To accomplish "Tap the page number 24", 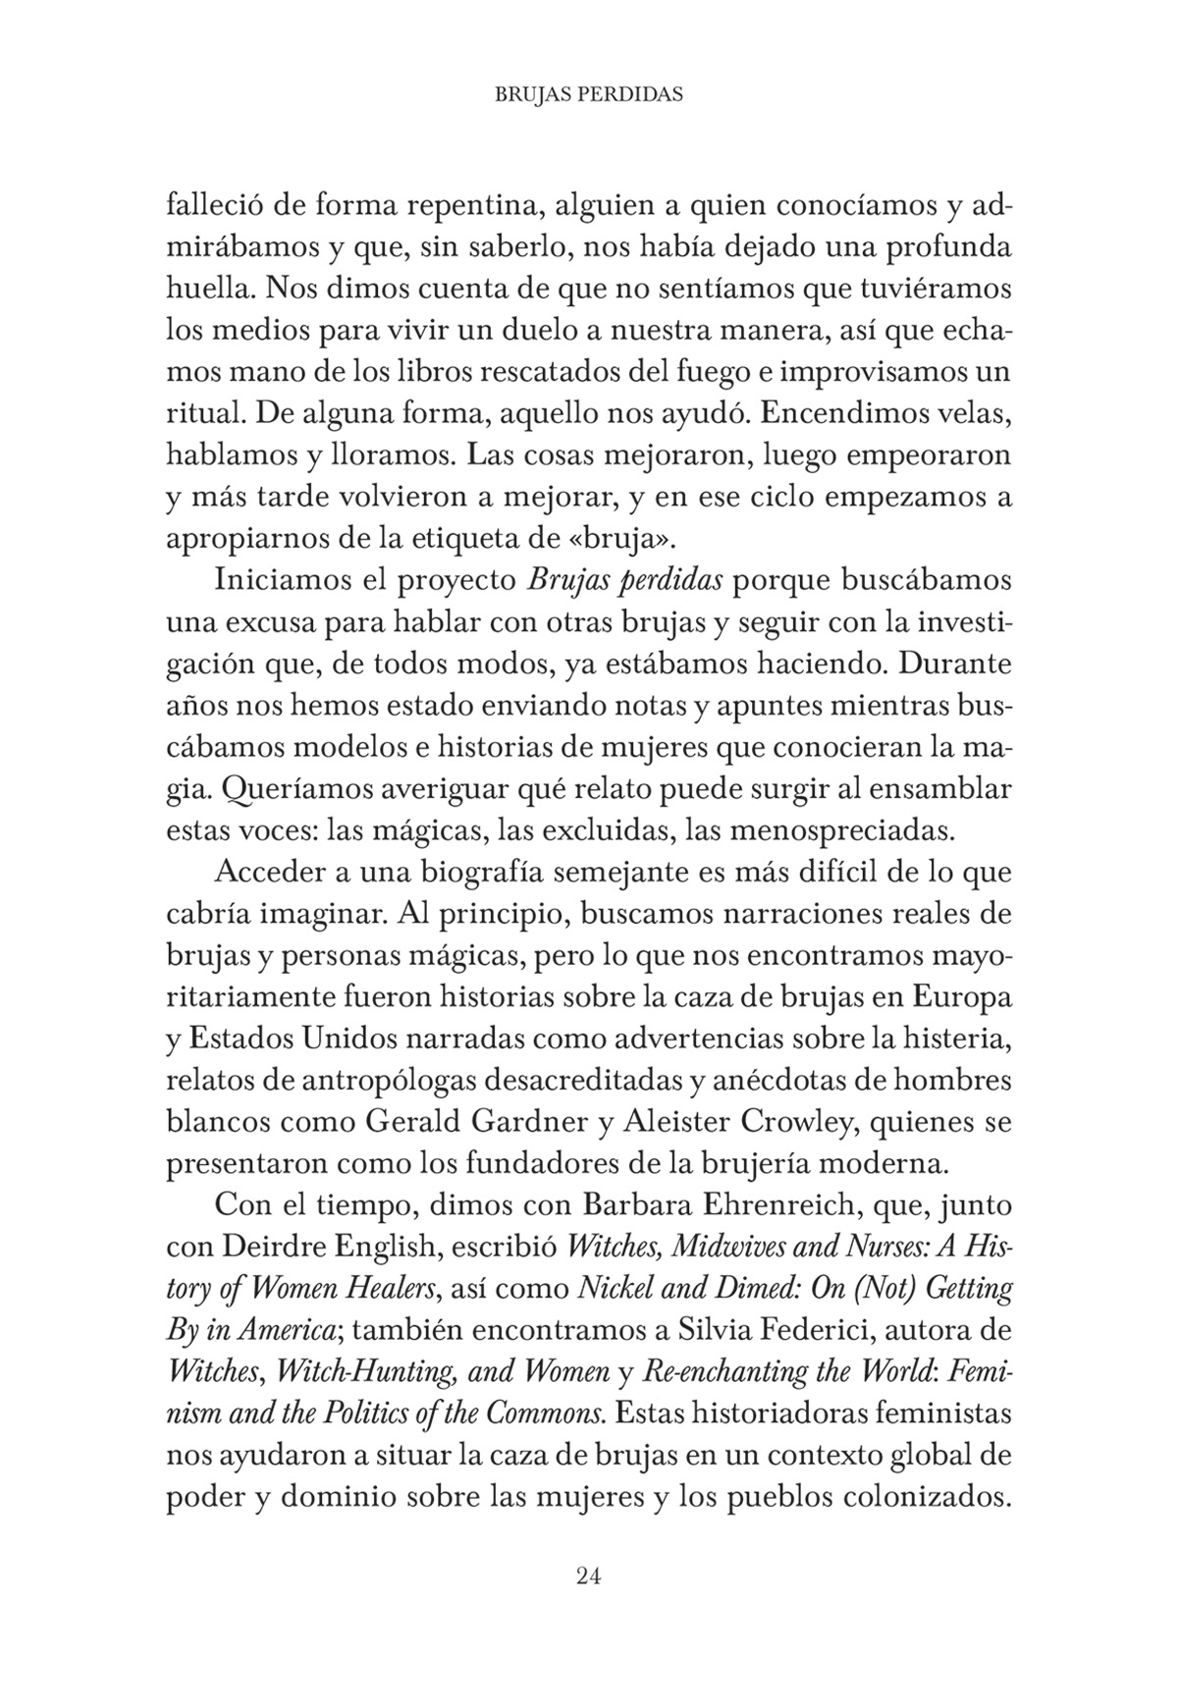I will click(589, 1576).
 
